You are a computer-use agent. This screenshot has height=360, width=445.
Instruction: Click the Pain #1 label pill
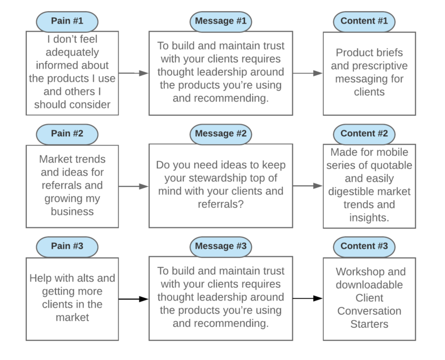pos(67,21)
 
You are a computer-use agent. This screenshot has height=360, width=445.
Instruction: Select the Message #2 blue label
pos(221,134)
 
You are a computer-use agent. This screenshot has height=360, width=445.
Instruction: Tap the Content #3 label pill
pos(364,246)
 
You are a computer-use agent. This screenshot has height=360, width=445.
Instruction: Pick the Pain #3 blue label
pos(67,246)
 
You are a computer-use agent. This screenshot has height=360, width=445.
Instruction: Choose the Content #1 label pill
pos(364,21)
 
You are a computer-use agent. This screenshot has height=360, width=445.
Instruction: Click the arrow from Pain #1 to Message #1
pos(133,74)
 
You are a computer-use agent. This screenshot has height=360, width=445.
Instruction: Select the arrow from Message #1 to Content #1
pos(308,74)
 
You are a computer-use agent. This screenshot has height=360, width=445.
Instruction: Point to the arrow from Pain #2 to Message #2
pos(133,186)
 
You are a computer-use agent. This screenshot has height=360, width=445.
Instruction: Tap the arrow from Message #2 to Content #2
pos(308,186)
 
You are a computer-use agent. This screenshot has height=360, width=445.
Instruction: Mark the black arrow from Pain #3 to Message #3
pos(133,299)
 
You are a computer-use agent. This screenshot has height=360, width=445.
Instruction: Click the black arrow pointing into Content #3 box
pos(308,298)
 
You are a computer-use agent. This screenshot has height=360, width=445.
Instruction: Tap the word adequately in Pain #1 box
pos(72,53)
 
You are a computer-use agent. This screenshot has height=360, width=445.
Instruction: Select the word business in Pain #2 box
pos(72,212)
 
